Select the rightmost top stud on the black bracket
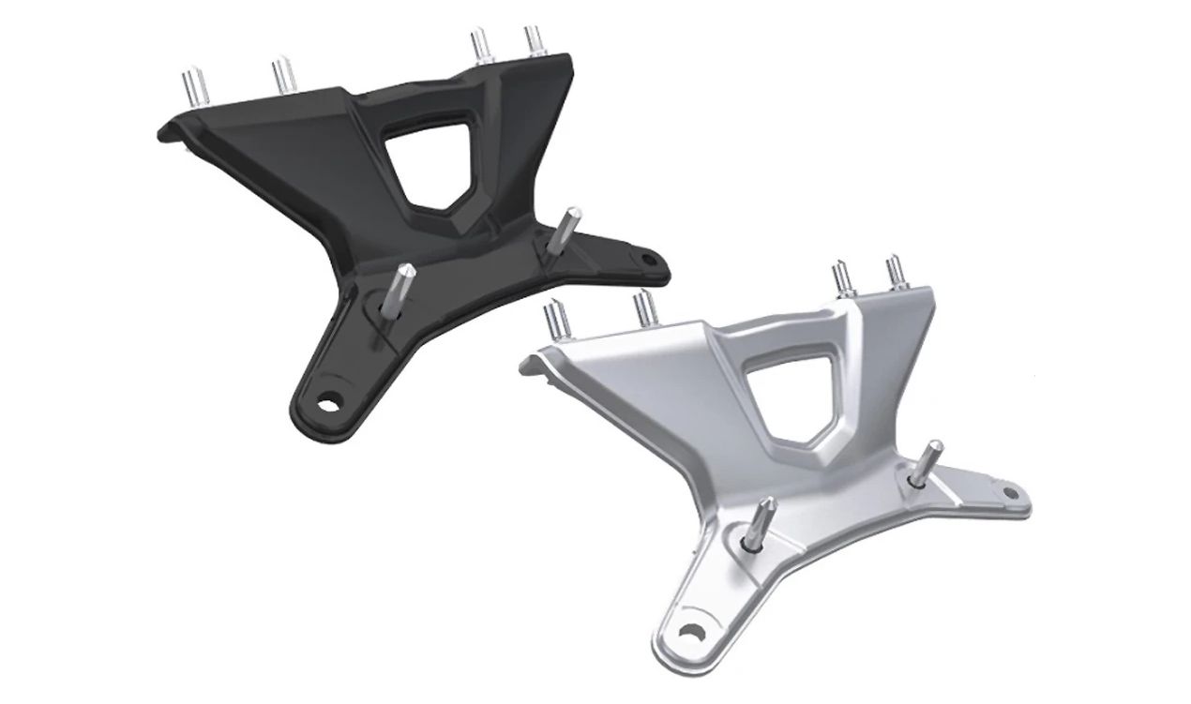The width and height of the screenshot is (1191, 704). (x=535, y=40)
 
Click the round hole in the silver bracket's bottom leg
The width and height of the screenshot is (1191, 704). (x=691, y=635)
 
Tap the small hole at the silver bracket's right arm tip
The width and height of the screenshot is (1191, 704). (x=1009, y=492)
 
